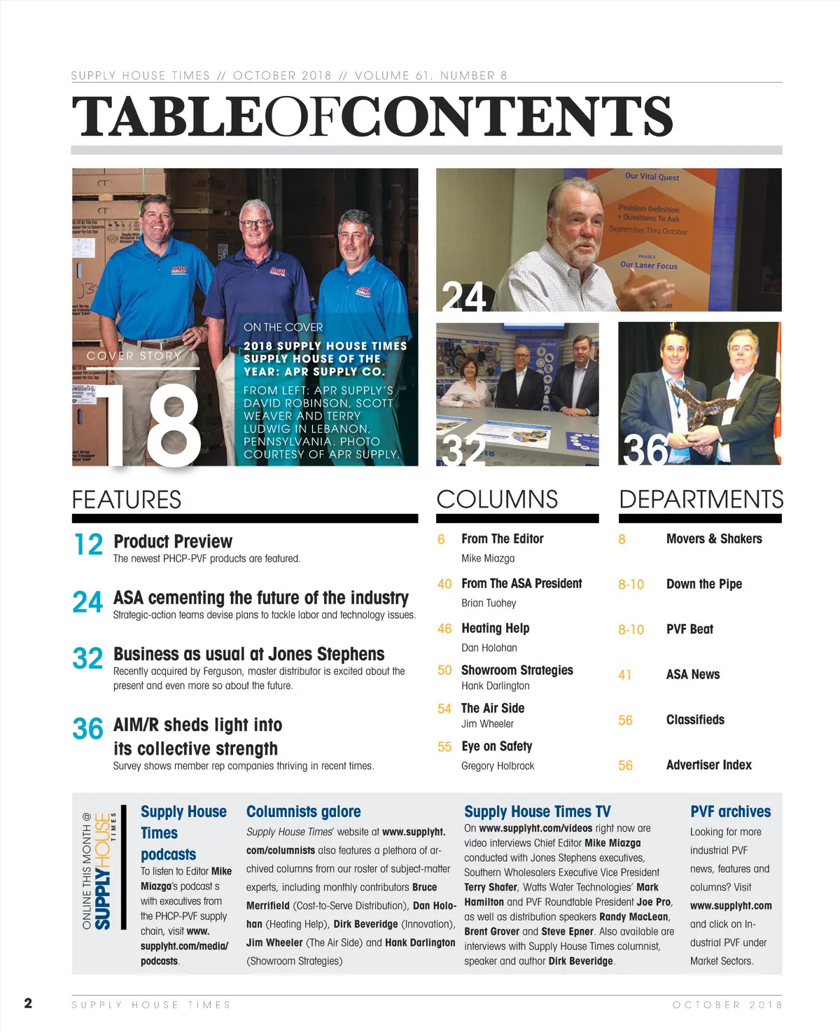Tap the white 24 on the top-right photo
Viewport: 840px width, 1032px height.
463,297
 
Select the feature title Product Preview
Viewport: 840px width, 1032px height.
173,541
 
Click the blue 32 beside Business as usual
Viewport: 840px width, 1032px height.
87,659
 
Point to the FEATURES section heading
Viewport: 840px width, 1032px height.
127,500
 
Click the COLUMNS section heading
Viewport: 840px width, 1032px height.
497,499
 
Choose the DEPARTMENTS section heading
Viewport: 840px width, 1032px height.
701,499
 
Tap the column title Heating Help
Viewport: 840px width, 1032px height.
495,628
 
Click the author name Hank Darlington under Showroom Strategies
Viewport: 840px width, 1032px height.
495,686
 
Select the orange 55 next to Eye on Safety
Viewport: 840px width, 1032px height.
444,747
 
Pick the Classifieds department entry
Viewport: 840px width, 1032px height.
695,720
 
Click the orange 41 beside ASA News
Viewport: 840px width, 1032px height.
625,675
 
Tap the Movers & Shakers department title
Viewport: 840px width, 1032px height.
714,538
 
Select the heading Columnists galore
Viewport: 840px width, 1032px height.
303,811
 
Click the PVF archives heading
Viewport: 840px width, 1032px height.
730,811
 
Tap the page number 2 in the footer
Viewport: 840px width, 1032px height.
28,1003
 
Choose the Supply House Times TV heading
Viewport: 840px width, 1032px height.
537,811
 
